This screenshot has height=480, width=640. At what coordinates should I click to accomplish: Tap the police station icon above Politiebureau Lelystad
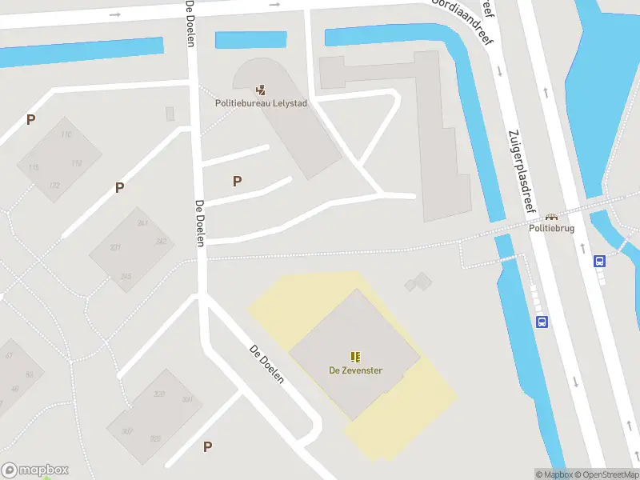tap(261, 89)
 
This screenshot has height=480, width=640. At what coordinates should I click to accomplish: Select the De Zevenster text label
tap(355, 370)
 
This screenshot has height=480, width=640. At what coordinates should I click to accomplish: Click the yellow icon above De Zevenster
tap(355, 356)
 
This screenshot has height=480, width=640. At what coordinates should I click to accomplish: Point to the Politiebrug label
tap(551, 228)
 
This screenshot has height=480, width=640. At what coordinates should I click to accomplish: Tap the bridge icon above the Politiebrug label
tap(551, 216)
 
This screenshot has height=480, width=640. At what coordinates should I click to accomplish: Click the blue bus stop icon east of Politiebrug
tap(599, 261)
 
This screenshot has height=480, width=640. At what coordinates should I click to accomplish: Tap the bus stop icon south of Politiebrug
tap(542, 322)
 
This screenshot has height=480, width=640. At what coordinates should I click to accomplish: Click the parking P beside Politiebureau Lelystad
tap(237, 182)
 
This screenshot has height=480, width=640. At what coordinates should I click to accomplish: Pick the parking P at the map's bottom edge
tap(207, 447)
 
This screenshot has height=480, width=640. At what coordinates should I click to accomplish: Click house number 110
tap(66, 134)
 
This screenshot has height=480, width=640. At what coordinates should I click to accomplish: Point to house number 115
tap(34, 167)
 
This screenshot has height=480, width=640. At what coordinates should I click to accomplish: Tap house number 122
tap(54, 186)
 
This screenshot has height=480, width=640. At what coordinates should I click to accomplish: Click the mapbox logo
tap(35, 470)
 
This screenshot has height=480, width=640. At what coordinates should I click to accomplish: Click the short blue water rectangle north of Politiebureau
tap(250, 39)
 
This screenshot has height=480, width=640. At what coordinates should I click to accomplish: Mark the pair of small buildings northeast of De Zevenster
tap(418, 282)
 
